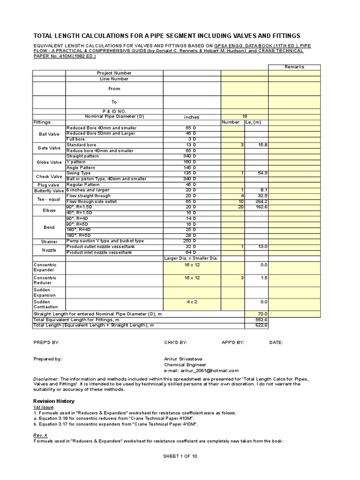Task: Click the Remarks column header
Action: tap(294, 67)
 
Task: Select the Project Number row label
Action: tap(114, 73)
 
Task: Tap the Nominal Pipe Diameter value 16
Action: tap(244, 116)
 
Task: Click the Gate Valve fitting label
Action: tap(49, 148)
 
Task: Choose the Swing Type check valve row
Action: tap(79, 173)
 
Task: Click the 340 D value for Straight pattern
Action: tap(189, 157)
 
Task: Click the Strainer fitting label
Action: tap(49, 241)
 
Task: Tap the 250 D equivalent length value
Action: tap(189, 241)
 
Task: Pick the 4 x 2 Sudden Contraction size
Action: tap(192, 302)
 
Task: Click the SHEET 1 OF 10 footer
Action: tap(180, 456)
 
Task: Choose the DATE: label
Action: tap(276, 343)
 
